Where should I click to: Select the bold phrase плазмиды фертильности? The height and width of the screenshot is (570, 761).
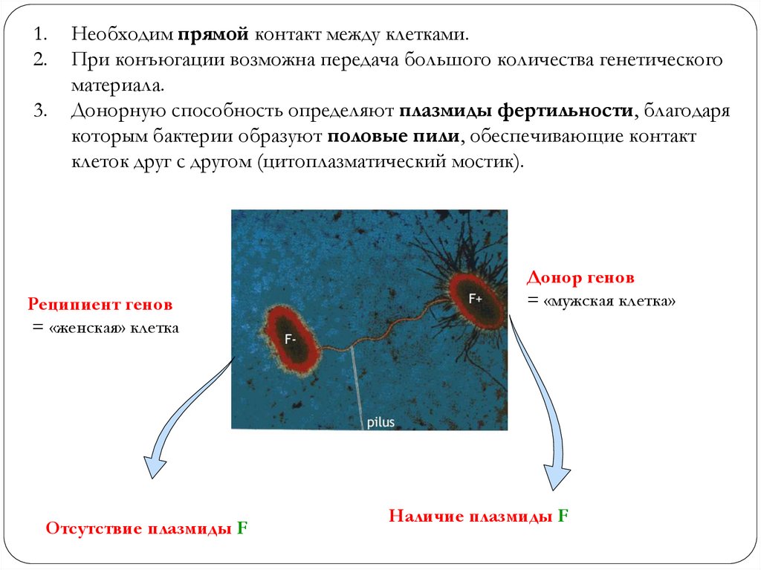pos(516,111)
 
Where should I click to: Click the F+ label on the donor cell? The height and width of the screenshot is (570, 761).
pos(476,297)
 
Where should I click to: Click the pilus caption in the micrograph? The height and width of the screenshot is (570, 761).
pos(380,422)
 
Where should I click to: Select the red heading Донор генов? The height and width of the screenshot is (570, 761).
pos(580,279)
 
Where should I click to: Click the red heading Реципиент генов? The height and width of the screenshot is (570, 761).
pos(100,305)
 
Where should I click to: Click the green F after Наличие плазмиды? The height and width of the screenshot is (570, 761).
pos(563,516)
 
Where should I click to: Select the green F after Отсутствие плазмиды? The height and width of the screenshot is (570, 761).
pos(242,528)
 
